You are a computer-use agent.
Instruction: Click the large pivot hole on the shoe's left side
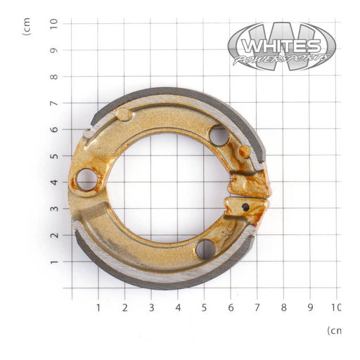pos(87,179)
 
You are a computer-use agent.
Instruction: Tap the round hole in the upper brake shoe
pos(219,135)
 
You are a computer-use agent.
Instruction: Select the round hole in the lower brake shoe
pos(205,249)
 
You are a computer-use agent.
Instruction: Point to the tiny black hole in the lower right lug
pos(245,207)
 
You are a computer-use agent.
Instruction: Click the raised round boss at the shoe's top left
pos(124,113)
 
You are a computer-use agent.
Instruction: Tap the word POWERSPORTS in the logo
pos(281,59)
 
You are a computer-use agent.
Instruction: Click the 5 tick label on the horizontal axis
pos(204,307)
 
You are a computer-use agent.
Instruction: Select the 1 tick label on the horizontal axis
pos(98,307)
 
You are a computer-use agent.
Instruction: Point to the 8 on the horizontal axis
pos(283,307)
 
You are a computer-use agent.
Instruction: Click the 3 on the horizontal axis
pos(150,307)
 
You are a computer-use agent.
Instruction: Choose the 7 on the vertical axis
pos(54,103)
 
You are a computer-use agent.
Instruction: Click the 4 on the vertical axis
pos(54,182)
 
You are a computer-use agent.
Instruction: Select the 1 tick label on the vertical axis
pos(54,262)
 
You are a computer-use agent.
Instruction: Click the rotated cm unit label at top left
pos(27,26)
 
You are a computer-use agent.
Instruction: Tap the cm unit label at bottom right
pos(334,330)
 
